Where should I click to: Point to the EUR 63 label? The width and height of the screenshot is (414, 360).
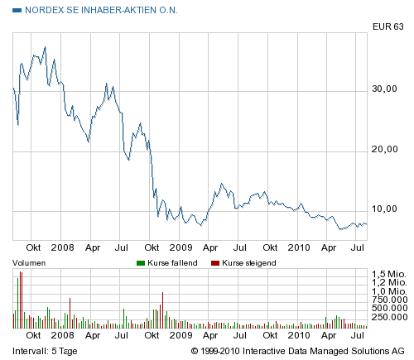tap(387, 27)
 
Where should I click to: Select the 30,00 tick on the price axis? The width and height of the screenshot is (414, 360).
tap(386, 89)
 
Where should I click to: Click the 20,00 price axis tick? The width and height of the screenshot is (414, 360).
tap(386, 150)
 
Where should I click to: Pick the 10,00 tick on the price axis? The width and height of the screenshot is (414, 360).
tap(386, 211)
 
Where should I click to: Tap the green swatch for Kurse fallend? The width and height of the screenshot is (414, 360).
tap(138, 262)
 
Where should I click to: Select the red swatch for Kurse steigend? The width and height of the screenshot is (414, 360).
tap(215, 262)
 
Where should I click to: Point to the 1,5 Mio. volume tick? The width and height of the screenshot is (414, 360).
tap(389, 273)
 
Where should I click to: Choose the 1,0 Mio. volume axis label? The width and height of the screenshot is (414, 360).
tap(389, 291)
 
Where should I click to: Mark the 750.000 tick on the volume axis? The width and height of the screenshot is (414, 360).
tap(389, 300)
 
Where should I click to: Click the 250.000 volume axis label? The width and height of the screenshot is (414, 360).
tap(389, 317)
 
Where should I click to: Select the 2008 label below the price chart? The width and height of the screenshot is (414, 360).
tap(63, 247)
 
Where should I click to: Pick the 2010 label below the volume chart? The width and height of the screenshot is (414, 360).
tap(297, 335)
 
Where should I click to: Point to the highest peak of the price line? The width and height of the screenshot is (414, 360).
tap(44, 47)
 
